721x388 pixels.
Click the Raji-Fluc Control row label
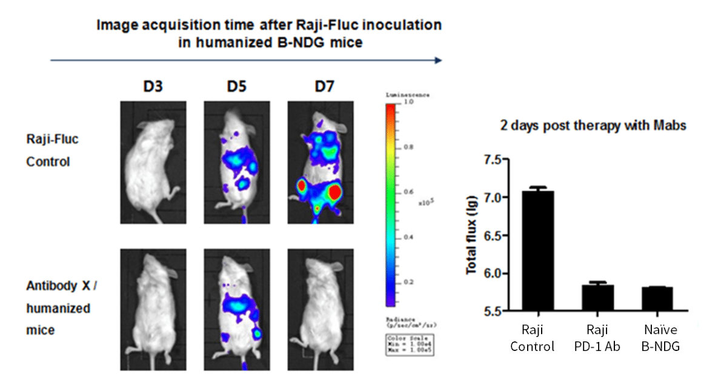pos(53,150)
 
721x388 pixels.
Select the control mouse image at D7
pos(321,162)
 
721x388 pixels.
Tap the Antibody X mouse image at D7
pos(321,309)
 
